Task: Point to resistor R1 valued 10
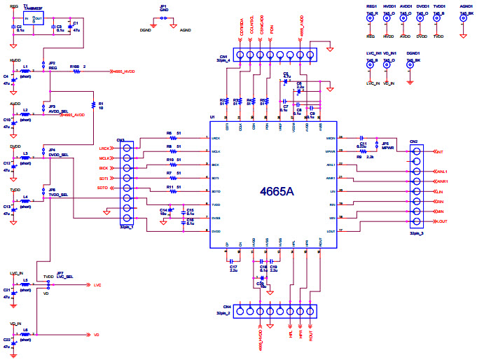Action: tap(100, 105)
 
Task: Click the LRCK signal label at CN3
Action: tap(104, 148)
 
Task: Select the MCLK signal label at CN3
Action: tap(104, 158)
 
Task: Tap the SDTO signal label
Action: tap(103, 188)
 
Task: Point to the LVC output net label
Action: tap(97, 285)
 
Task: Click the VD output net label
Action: tap(97, 335)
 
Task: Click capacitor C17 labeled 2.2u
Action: tap(233, 268)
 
